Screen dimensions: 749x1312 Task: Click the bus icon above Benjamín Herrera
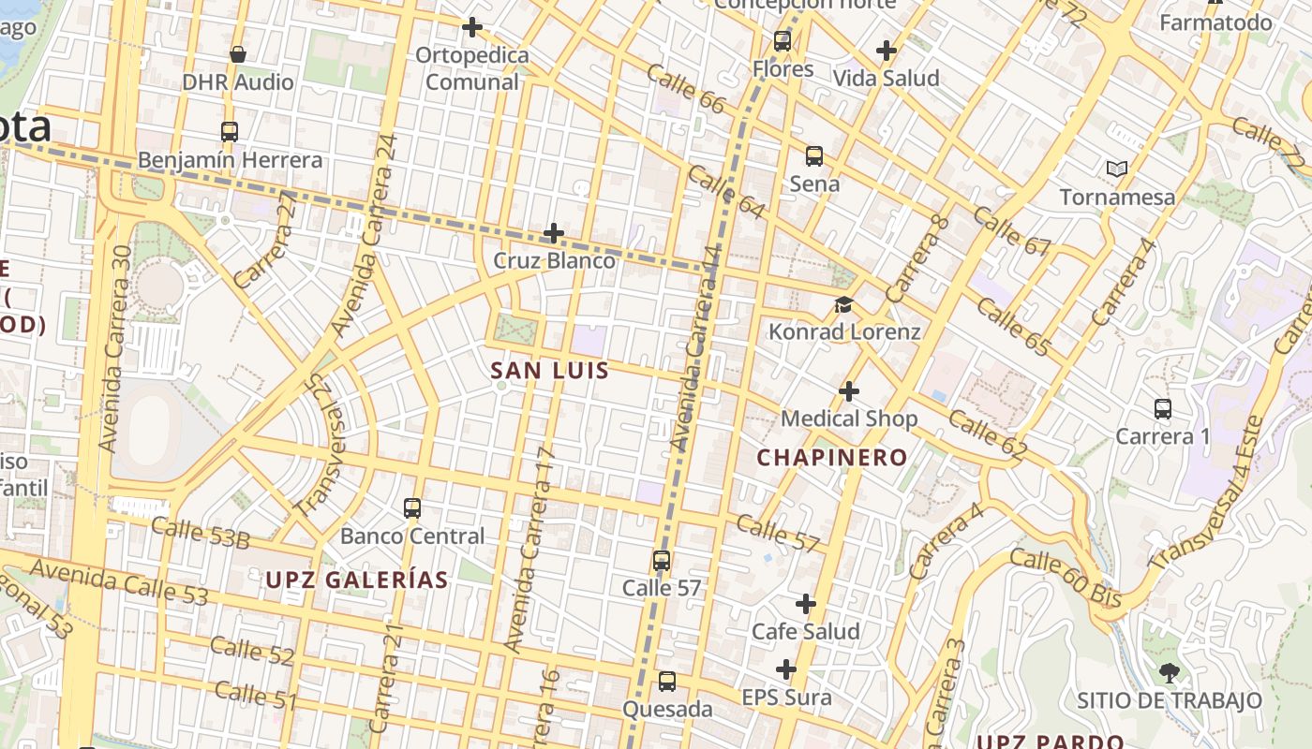(x=230, y=132)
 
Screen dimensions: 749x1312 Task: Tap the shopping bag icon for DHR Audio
(x=238, y=54)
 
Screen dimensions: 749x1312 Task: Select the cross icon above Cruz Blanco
(x=554, y=232)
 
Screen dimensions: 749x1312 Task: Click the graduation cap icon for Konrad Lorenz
(x=844, y=305)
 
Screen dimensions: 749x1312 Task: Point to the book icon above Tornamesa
(x=1116, y=169)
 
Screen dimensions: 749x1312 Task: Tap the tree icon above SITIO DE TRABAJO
(x=1169, y=672)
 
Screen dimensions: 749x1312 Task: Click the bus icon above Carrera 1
(x=1163, y=409)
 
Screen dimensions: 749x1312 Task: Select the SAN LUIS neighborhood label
(x=550, y=371)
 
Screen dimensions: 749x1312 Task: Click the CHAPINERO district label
(x=832, y=458)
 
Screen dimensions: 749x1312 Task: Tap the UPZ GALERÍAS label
(x=357, y=580)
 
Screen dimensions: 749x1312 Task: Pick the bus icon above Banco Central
(x=412, y=508)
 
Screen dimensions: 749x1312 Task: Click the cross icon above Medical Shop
(x=849, y=390)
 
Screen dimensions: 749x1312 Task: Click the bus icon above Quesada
(x=667, y=682)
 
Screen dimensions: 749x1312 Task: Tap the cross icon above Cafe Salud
(x=805, y=604)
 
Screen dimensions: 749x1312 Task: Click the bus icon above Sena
(x=814, y=156)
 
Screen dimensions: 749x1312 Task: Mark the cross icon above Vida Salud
(x=886, y=51)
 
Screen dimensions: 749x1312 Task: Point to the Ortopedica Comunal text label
(x=472, y=68)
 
